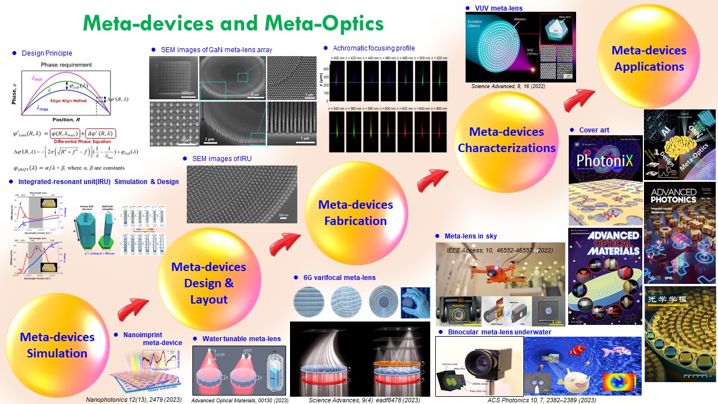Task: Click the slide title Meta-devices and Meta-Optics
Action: coord(233,24)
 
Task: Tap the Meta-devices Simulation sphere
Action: coord(57,345)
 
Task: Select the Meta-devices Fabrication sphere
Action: coord(355,213)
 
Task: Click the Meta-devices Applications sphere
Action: coord(648,58)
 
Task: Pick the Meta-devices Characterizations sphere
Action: coord(506,140)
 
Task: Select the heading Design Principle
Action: coord(47,53)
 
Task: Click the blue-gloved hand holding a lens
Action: coord(416,302)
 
